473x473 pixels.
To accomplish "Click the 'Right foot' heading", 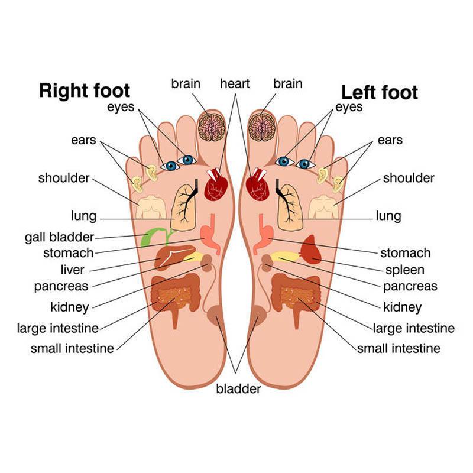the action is click(x=85, y=91).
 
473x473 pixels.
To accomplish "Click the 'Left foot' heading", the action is click(x=380, y=92).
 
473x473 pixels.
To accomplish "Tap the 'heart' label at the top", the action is click(x=235, y=83).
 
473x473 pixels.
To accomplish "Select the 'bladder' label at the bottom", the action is click(x=238, y=388).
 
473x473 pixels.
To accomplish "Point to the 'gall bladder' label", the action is click(x=60, y=238).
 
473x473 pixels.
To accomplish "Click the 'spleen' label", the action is click(x=405, y=270).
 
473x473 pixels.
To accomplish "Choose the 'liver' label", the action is click(x=72, y=270).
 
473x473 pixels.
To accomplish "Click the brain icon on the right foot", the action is click(x=212, y=127).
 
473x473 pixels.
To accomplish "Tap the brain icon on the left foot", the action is click(x=262, y=127).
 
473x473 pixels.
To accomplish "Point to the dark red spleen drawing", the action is click(x=312, y=249).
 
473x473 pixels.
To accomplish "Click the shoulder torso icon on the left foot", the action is click(x=323, y=207).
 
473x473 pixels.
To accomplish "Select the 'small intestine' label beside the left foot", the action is click(x=399, y=348).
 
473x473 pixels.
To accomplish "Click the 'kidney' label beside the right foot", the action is click(x=70, y=307).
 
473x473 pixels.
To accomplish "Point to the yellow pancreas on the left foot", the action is click(x=285, y=257).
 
